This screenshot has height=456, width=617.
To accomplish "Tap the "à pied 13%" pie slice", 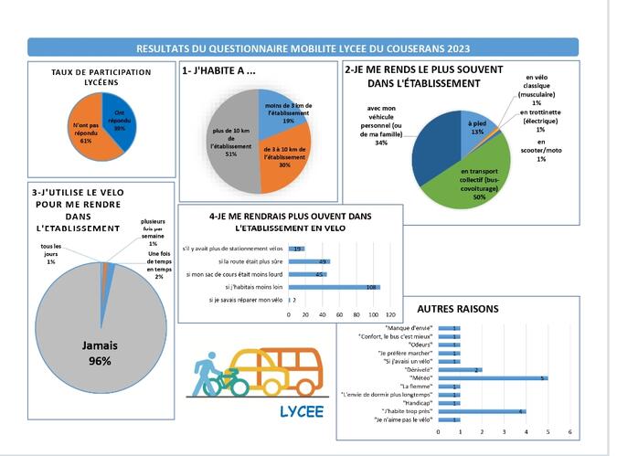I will tap(474, 127).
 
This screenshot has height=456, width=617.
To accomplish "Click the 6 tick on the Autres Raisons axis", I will tap(569, 431).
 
